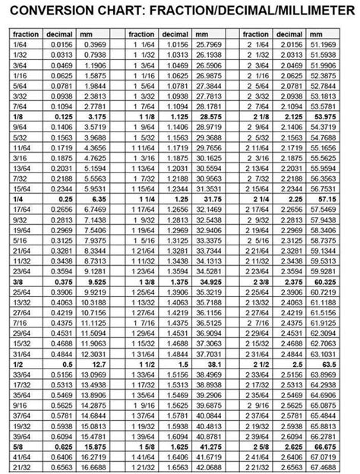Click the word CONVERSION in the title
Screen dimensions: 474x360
point(56,10)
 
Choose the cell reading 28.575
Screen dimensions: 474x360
point(208,118)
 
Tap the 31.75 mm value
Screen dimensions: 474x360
point(208,197)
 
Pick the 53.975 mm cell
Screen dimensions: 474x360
point(324,118)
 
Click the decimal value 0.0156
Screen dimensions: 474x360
point(60,46)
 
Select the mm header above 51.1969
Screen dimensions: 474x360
point(318,35)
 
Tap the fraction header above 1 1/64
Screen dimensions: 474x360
point(141,35)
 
